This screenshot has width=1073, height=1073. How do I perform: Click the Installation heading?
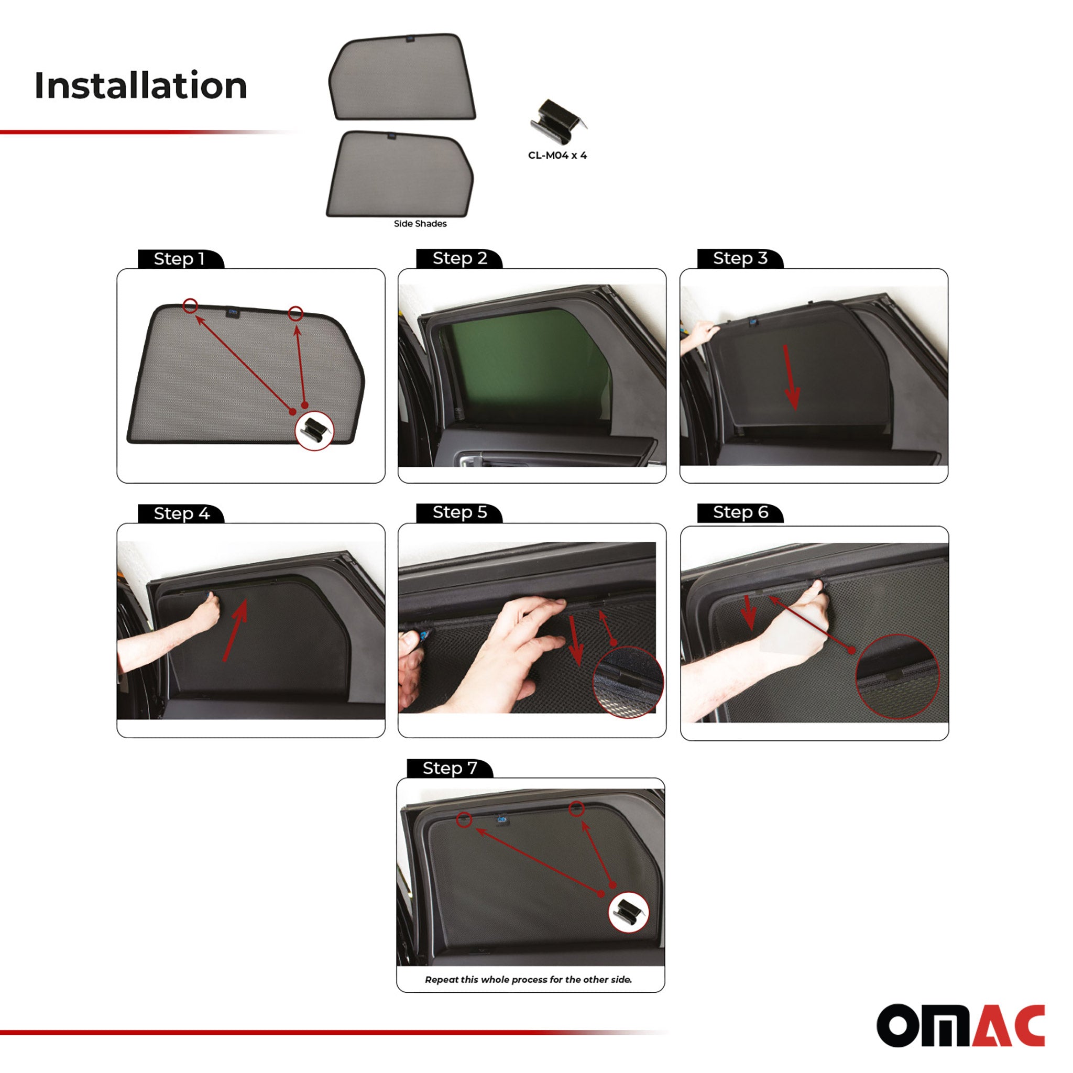pos(140,85)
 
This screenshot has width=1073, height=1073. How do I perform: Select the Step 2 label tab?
pos(459,259)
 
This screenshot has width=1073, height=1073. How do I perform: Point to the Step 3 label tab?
pos(740,259)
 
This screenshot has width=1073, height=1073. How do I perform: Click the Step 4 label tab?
pos(181,514)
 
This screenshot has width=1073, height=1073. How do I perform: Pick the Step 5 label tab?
pos(459,512)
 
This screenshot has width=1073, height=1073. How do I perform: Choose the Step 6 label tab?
pos(740,512)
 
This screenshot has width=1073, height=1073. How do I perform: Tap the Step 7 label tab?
pos(450,769)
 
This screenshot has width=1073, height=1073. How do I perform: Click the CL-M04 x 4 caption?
pos(557,156)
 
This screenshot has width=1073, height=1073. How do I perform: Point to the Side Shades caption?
pos(420,224)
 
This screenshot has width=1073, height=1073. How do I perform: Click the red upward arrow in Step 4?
pos(235,630)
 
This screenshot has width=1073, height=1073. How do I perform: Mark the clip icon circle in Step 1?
pos(314,431)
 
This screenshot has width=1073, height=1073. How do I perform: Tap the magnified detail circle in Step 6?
pos(897,677)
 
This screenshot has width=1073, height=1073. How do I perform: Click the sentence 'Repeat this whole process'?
pos(528,980)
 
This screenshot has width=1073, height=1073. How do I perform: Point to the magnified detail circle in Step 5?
pos(628,682)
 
